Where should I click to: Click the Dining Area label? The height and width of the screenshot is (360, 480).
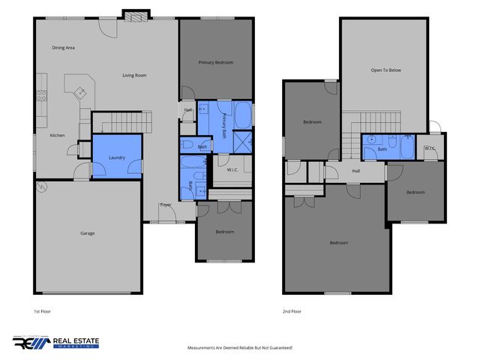(64, 48)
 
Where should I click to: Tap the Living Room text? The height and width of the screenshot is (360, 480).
(134, 75)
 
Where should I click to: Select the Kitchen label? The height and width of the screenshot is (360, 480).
(58, 135)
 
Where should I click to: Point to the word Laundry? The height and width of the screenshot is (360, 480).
(116, 157)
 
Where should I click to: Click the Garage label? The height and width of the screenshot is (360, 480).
(88, 233)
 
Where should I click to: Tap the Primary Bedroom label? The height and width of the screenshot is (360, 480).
(215, 63)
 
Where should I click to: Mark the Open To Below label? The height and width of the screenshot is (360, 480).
(386, 70)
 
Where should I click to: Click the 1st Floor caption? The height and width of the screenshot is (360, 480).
(42, 310)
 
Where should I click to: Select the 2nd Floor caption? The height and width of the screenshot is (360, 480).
(292, 310)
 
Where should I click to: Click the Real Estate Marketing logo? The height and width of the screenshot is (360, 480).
(56, 342)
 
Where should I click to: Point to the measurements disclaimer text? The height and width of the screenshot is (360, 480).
(239, 348)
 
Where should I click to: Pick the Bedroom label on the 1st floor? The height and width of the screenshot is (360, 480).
(224, 232)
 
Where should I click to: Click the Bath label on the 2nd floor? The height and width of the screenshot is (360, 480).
(382, 149)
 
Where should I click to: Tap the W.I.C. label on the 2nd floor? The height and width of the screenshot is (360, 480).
(430, 148)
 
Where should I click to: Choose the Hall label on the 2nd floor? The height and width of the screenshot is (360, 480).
(356, 171)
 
